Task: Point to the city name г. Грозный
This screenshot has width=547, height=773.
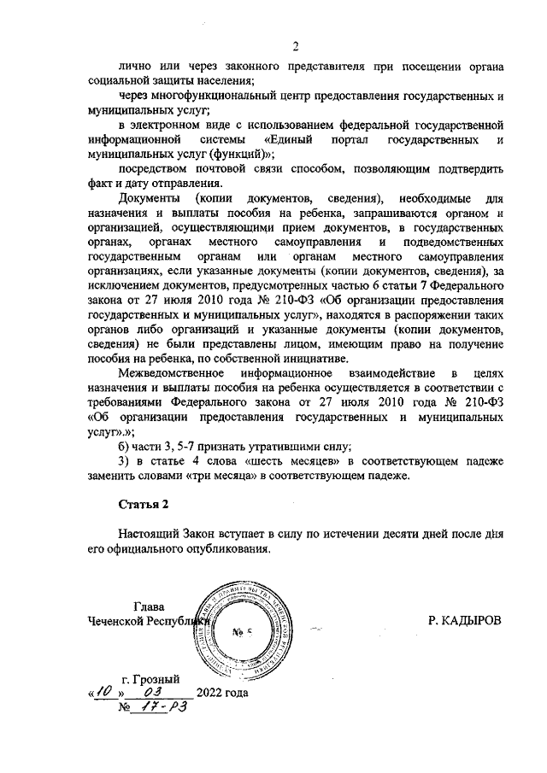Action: coord(150,679)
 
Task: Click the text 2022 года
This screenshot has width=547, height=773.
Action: coord(222,693)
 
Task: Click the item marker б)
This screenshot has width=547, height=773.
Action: coord(124,447)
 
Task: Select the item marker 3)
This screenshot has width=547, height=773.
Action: coord(124,462)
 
